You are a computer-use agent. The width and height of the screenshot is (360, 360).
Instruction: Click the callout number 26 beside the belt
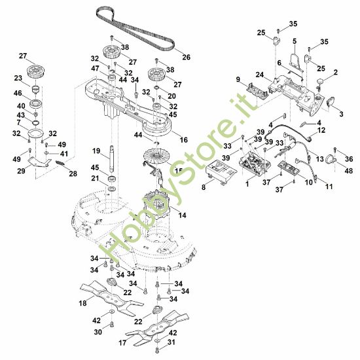click(187, 57)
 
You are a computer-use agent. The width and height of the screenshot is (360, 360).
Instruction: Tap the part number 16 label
click(184, 140)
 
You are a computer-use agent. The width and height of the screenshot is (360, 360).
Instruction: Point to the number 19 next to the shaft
click(96, 151)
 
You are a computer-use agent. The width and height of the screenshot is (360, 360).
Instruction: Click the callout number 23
click(18, 77)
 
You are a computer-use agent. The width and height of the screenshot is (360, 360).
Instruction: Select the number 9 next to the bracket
click(238, 80)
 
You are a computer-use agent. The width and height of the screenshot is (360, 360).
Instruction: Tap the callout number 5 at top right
click(295, 41)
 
